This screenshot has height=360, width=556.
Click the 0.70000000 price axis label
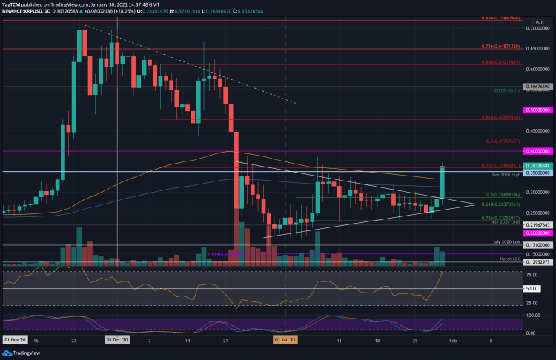(537, 27)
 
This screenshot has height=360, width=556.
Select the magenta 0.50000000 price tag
(537, 110)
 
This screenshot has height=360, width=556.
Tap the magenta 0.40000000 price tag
(537, 150)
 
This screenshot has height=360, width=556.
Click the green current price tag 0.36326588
(537, 166)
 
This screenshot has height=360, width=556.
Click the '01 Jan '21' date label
(285, 341)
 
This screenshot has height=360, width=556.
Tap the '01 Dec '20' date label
(116, 341)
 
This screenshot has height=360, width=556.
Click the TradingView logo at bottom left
(22, 353)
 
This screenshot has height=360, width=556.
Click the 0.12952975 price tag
(537, 262)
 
